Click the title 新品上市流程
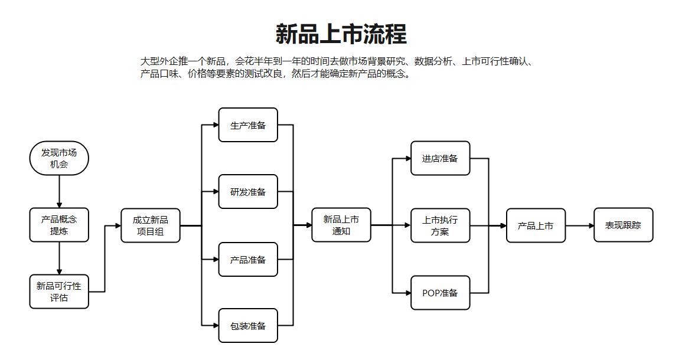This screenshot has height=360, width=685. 341,34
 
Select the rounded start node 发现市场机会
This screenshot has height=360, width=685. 59,158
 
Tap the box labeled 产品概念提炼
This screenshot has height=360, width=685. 59,225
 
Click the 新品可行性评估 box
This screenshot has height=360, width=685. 59,292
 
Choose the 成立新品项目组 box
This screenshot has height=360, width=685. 151,225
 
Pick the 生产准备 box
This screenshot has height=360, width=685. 248,125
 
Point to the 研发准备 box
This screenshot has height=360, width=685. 248,192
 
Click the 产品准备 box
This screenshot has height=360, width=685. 248,260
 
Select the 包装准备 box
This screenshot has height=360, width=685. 248,326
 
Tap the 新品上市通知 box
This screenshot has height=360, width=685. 341,225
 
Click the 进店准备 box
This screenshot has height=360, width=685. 441,158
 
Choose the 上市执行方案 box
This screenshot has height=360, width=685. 441,225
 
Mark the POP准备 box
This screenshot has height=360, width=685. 441,293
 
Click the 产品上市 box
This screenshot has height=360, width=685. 536,225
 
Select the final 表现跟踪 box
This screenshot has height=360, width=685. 624,225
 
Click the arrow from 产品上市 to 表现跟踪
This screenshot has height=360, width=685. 580,225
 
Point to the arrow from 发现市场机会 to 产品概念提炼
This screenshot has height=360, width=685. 59,191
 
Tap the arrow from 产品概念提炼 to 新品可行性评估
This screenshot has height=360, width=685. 59,258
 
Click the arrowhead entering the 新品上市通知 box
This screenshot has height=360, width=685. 309,225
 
